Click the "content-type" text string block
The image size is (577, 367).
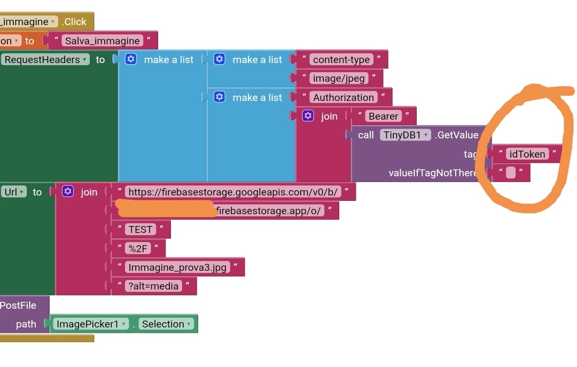tap(341, 59)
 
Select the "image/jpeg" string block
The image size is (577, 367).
tap(339, 79)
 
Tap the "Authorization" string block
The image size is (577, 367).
tap(343, 97)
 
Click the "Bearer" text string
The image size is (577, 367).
tap(383, 116)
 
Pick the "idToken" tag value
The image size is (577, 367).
tap(527, 154)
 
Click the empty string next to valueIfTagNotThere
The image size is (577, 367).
tap(511, 173)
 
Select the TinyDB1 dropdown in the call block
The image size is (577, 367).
tap(405, 135)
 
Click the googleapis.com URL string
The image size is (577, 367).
tap(233, 192)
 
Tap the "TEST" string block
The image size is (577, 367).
tap(141, 229)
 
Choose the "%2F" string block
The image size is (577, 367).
tap(138, 248)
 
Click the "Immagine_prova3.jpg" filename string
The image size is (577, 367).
tap(177, 267)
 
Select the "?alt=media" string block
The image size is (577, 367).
tap(153, 286)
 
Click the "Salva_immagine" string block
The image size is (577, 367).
tap(102, 41)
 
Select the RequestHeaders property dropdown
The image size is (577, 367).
tap(46, 59)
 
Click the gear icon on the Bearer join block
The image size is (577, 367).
tap(308, 116)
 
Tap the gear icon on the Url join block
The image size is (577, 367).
tap(68, 191)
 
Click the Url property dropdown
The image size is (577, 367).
tap(13, 192)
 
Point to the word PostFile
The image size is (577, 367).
tap(18, 305)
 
